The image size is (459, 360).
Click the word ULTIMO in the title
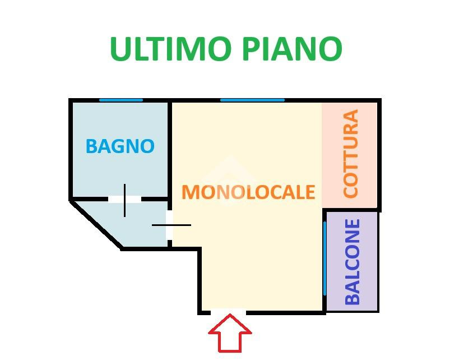click(x=171, y=49)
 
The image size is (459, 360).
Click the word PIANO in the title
click(x=292, y=49)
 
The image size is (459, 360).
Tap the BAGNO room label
click(x=120, y=146)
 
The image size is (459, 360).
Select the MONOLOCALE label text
click(x=248, y=192)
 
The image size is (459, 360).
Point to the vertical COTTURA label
click(x=351, y=154)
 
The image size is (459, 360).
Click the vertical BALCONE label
click(x=353, y=262)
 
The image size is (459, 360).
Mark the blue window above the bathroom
click(x=121, y=100)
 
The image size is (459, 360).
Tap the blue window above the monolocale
click(x=252, y=100)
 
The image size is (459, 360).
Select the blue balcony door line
click(x=324, y=258)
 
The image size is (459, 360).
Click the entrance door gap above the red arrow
click(x=228, y=312)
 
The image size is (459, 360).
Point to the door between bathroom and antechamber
click(x=124, y=199)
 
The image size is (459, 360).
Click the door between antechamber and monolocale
click(x=170, y=225)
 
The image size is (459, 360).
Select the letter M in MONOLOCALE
click(x=191, y=192)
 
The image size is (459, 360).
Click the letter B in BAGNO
click(x=91, y=146)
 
